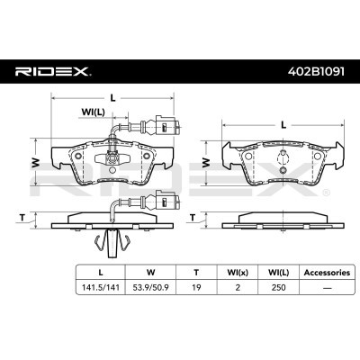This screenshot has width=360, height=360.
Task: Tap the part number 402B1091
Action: [316, 71]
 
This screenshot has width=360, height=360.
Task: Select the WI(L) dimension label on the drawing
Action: [93, 112]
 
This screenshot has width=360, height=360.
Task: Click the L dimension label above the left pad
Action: [112, 98]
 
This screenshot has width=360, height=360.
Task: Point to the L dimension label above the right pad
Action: [283, 124]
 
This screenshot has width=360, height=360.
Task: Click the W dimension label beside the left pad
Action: [36, 162]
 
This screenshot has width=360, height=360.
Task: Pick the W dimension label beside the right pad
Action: [206, 163]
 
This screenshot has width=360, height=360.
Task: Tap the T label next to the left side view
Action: [22, 218]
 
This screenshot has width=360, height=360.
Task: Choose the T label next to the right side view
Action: [193, 218]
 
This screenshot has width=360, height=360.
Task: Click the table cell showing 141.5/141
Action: [101, 287]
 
